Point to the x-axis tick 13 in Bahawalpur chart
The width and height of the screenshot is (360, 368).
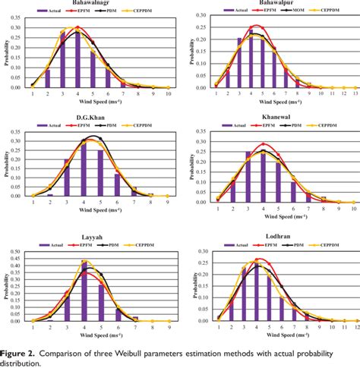346,94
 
